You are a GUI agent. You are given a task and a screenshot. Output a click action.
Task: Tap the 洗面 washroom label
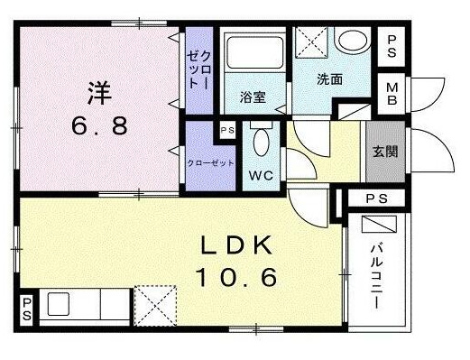point(328,79)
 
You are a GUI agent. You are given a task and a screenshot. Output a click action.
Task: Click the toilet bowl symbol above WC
point(261,142)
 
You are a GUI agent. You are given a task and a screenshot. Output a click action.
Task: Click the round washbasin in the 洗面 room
point(350,41)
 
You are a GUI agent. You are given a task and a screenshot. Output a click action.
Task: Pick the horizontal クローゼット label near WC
point(209,163)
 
